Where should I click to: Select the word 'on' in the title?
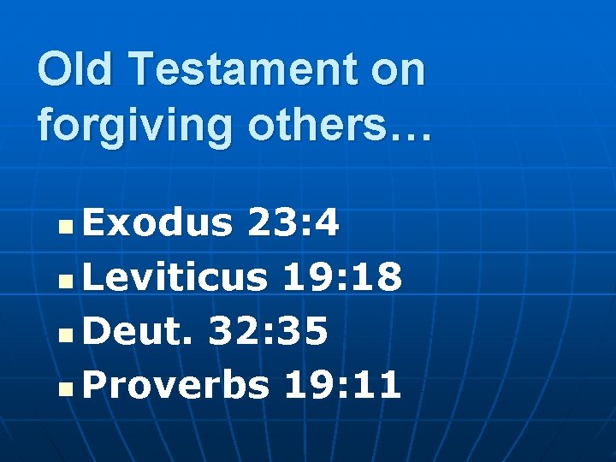(397, 71)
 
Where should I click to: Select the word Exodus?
(158, 224)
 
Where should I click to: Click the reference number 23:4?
(293, 224)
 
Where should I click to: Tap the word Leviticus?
(176, 278)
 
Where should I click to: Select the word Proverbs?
(175, 386)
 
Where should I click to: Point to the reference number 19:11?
(342, 386)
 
